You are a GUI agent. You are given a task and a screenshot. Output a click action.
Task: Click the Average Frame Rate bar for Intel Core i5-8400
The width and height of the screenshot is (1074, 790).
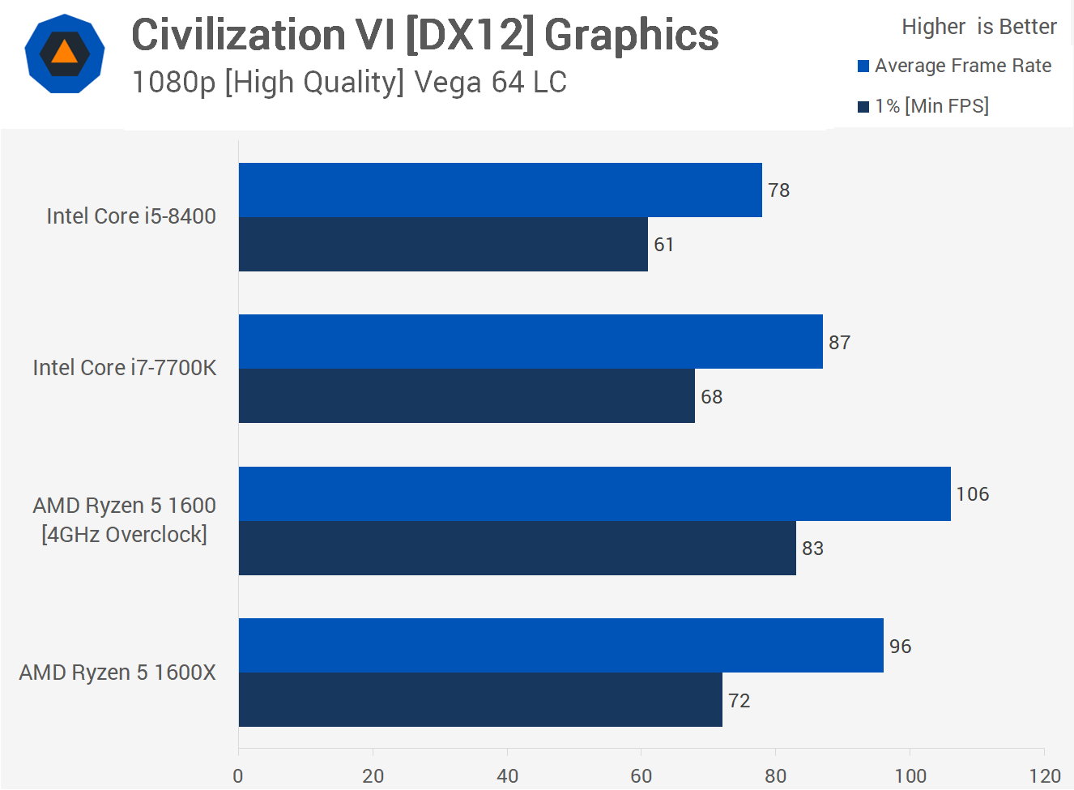click(x=500, y=190)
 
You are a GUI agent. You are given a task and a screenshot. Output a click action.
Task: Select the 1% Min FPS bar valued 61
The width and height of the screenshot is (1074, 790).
click(x=443, y=244)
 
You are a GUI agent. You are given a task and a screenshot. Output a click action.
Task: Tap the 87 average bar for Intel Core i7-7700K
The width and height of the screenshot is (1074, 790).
click(x=531, y=341)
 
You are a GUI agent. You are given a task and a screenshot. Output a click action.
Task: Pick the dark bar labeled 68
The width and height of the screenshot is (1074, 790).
click(x=467, y=396)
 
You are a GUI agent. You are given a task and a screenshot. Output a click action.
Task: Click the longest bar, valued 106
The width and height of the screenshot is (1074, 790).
click(x=595, y=493)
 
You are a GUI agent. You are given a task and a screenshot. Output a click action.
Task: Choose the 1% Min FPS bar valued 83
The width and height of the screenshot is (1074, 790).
click(x=517, y=548)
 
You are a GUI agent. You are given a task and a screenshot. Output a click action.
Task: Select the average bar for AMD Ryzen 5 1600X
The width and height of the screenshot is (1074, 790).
click(x=560, y=645)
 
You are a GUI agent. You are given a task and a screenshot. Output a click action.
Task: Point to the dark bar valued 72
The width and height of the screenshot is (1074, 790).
click(x=480, y=699)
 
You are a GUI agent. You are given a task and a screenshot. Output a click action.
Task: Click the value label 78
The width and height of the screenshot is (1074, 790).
click(x=778, y=190)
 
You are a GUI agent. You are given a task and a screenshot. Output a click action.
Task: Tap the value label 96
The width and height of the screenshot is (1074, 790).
click(x=900, y=647)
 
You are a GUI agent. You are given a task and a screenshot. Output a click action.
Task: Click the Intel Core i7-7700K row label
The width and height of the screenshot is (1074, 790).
click(x=125, y=368)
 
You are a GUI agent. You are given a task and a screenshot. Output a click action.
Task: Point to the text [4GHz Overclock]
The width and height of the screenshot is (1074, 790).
click(x=125, y=535)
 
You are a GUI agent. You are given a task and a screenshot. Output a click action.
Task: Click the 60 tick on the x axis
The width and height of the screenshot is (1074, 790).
click(x=641, y=776)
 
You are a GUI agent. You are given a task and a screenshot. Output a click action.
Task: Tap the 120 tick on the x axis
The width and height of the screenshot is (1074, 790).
click(x=1044, y=776)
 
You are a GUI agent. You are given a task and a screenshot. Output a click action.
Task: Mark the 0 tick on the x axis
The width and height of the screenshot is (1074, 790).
click(x=238, y=776)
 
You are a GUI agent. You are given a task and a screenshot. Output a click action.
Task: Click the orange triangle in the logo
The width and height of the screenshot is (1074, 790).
click(x=65, y=53)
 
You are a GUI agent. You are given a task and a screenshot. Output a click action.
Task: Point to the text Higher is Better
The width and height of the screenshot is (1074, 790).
click(x=978, y=27)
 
